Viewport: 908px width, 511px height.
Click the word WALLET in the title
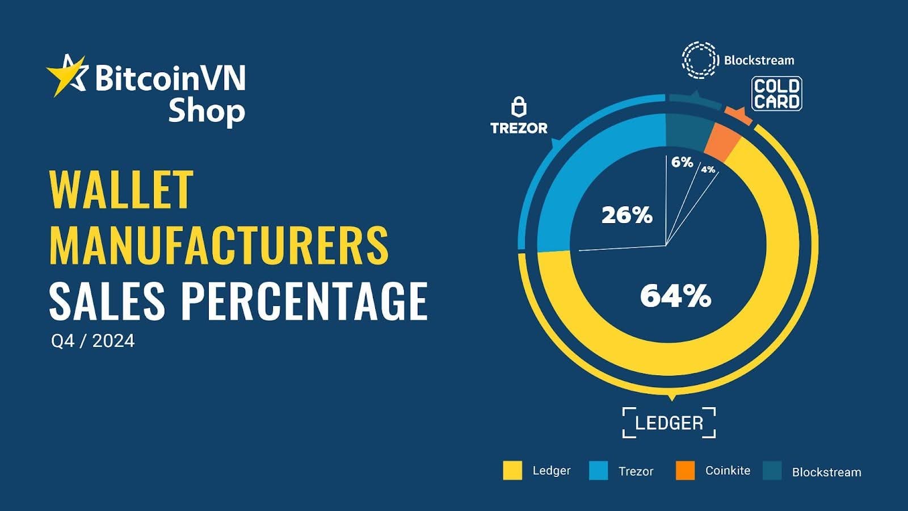(x=121, y=190)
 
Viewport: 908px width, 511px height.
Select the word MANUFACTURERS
(x=219, y=245)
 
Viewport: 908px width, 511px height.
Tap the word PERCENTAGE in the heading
(x=304, y=300)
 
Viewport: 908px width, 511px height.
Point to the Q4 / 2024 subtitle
(x=93, y=341)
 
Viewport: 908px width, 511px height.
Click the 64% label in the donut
(x=675, y=296)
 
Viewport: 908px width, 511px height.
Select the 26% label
(x=627, y=215)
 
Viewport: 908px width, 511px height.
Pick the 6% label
(x=682, y=162)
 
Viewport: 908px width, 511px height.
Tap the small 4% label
(x=708, y=169)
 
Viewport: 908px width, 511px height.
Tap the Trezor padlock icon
(x=519, y=106)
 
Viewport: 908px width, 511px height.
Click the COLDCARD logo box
(x=776, y=94)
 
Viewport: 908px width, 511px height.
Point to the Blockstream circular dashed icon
(x=700, y=60)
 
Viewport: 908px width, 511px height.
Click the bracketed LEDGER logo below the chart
(x=669, y=423)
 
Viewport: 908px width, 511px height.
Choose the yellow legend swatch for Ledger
(x=512, y=471)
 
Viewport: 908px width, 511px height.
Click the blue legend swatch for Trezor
(x=598, y=471)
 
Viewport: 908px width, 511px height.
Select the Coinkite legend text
(x=728, y=471)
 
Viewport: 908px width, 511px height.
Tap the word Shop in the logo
(x=207, y=111)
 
